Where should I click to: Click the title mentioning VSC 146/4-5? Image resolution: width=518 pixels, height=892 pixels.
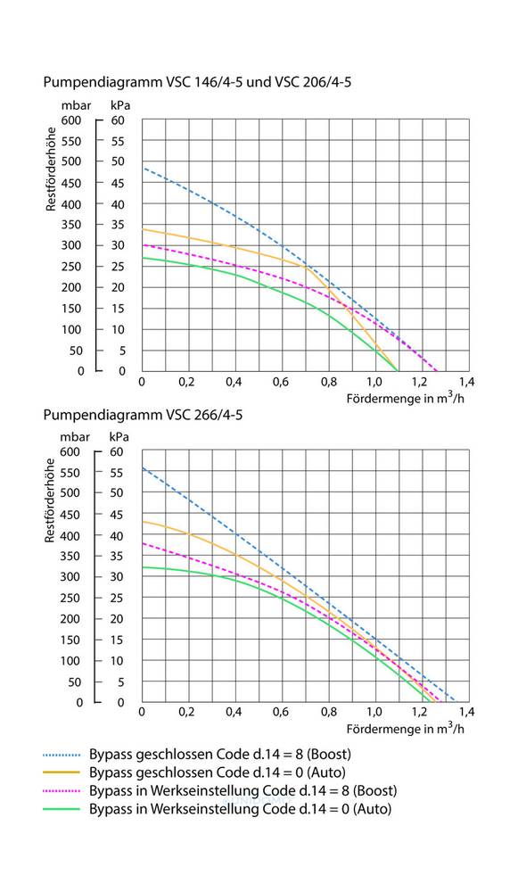tap(197, 82)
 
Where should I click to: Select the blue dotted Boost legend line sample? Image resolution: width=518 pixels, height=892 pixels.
tap(62, 756)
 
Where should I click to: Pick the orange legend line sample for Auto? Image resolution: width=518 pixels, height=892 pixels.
tap(62, 772)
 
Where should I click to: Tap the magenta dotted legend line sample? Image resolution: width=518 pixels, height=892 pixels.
tap(62, 790)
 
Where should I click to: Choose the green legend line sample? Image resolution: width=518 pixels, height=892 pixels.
tap(62, 809)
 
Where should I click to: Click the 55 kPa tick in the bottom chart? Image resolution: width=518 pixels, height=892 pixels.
tap(117, 472)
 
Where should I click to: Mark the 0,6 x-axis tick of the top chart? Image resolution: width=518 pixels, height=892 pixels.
tap(280, 382)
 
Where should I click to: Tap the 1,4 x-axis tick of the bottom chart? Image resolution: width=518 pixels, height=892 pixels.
tap(467, 712)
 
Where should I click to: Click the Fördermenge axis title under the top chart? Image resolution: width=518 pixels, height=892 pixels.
tap(406, 398)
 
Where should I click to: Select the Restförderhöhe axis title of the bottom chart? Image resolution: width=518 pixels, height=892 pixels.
tap(51, 500)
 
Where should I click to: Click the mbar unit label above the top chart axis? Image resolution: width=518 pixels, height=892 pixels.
tap(76, 105)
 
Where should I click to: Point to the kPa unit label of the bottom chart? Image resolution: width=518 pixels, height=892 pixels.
tap(119, 437)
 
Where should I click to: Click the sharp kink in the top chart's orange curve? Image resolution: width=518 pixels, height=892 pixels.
tap(306, 266)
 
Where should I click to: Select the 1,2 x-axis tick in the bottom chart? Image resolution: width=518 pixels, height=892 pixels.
tap(420, 712)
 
